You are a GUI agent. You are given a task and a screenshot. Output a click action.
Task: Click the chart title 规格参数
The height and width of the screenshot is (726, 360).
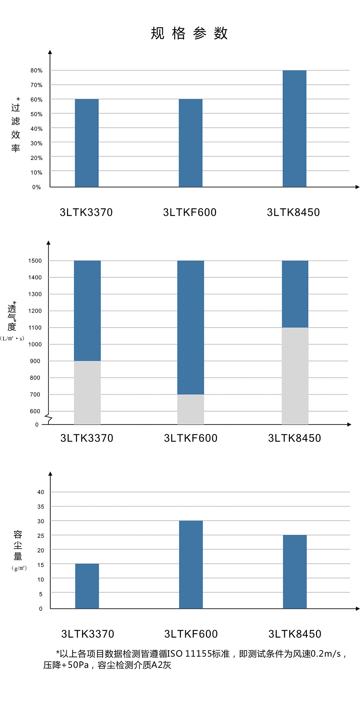coord(189,33)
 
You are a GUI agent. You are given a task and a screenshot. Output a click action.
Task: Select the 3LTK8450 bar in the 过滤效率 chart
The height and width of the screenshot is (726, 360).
coord(294,129)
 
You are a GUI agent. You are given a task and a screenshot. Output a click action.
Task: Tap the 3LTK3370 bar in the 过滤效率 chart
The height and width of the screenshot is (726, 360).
coord(87,143)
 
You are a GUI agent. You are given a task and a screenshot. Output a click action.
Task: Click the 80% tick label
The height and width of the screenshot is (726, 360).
coord(36,70)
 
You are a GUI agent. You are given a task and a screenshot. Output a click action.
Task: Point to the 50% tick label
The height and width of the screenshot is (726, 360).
coord(36,114)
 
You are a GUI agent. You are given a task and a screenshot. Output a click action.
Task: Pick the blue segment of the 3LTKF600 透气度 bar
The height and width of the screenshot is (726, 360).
coord(191,327)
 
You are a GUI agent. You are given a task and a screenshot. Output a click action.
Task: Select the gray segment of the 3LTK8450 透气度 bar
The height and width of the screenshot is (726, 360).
coord(295,376)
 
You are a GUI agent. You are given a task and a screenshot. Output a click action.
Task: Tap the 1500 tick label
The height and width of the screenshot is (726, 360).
coord(35,261)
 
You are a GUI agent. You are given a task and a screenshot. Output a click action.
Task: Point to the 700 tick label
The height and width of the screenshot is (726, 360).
coord(35,394)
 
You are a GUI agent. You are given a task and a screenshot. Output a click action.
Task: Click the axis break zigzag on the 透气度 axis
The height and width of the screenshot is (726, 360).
coord(48,418)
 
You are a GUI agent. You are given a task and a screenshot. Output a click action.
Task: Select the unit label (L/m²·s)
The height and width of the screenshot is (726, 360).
coord(12,338)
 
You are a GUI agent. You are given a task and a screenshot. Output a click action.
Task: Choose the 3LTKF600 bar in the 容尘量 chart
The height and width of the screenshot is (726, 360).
coord(191,564)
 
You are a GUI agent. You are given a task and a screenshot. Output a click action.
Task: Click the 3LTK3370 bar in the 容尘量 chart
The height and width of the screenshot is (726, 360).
coord(87,586)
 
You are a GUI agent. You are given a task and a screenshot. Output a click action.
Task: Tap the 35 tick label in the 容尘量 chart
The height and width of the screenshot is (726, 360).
coord(41,507)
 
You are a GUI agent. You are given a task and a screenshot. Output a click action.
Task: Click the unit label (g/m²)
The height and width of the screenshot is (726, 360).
coord(19,568)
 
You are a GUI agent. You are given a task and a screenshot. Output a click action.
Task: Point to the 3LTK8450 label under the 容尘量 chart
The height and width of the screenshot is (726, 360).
coord(295,634)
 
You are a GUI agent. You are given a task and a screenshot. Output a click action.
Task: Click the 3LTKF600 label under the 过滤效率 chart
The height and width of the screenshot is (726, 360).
coord(190,212)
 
